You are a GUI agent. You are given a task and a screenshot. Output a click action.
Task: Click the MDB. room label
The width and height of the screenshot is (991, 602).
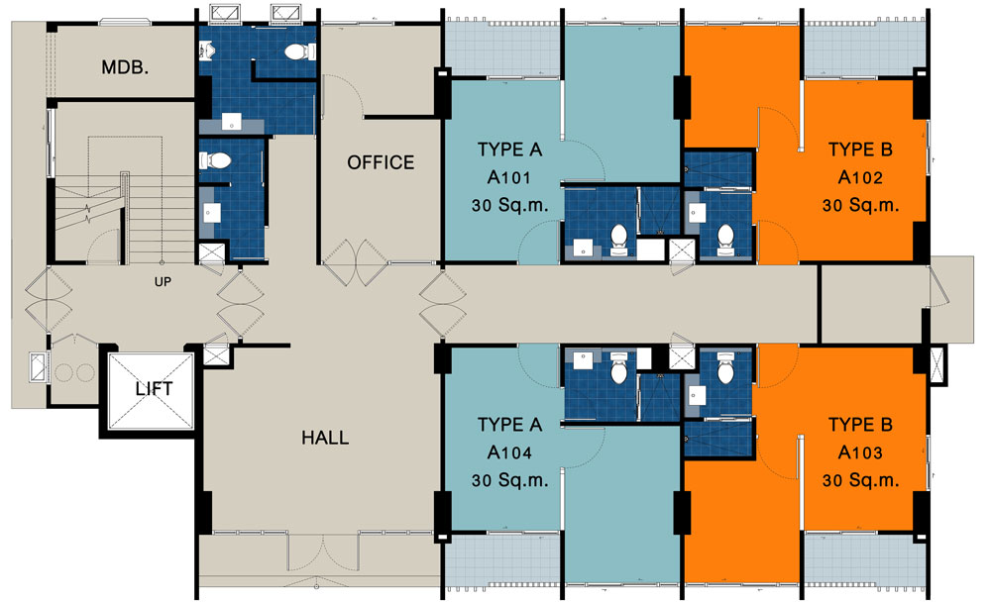[125, 67]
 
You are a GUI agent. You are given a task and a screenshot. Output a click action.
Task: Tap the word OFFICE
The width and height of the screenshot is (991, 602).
[381, 162]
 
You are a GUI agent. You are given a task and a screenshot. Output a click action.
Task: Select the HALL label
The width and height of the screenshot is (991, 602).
[325, 437]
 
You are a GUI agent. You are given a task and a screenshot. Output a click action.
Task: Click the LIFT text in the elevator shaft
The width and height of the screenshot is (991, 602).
[154, 388]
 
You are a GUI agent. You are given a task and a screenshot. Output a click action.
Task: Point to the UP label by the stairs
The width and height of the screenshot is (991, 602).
[163, 282]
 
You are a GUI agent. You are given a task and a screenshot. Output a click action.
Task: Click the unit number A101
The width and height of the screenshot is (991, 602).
[508, 177]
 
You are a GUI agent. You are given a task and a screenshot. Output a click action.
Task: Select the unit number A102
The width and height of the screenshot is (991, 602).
[860, 177]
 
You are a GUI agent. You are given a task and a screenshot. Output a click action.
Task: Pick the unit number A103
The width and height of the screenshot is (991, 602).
[860, 452]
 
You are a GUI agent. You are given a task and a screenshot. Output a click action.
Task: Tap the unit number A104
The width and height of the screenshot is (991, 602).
[508, 452]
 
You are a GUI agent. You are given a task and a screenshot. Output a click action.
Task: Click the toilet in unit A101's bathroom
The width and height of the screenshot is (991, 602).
[618, 240]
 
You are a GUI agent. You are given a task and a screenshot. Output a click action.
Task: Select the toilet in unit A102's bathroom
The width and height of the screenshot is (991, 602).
[725, 240]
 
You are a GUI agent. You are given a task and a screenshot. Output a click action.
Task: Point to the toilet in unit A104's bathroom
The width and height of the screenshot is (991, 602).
[618, 368]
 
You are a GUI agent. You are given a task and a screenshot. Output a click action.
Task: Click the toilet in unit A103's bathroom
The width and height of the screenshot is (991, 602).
[725, 368]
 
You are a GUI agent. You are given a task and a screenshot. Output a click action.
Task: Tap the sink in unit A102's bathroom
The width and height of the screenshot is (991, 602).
[697, 212]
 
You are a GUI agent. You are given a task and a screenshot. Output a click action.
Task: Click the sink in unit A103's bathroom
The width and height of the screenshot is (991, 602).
[697, 395]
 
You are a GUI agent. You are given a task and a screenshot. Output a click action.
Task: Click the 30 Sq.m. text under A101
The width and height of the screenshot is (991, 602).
[509, 205]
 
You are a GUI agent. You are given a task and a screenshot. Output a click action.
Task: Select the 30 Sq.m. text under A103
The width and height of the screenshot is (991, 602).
[860, 480]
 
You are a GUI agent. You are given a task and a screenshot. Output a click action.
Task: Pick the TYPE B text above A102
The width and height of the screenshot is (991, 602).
[860, 150]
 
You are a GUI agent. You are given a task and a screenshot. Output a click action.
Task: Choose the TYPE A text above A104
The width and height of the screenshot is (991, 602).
[509, 425]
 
